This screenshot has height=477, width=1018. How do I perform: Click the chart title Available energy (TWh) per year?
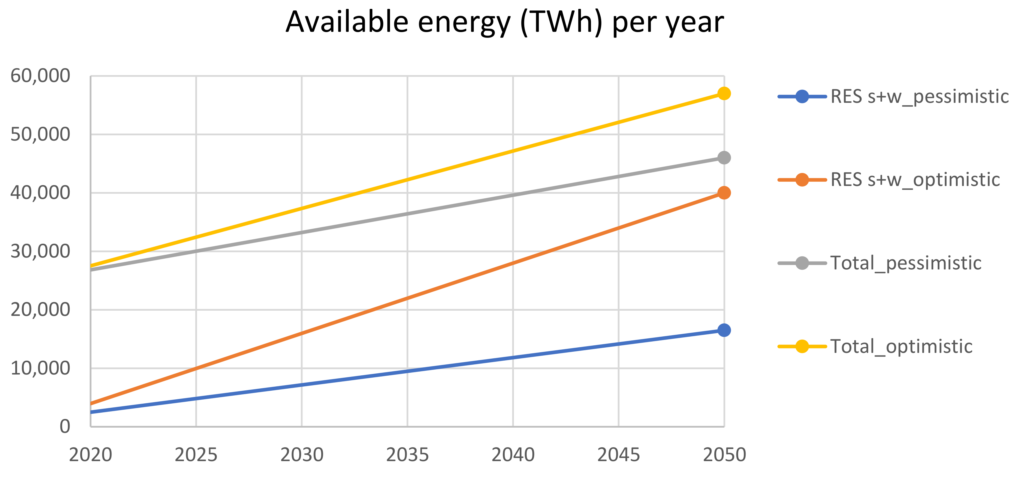click(505, 23)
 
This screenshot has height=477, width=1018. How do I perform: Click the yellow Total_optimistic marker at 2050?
click(724, 94)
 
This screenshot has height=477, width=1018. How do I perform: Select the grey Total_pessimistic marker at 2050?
click(724, 158)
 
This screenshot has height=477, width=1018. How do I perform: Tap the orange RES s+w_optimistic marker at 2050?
click(724, 193)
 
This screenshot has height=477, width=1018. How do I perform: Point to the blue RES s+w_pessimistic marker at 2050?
click(724, 330)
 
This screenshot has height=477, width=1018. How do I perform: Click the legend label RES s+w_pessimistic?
click(919, 97)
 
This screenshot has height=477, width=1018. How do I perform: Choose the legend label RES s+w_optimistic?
click(915, 180)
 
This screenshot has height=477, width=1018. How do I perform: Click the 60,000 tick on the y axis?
click(40, 76)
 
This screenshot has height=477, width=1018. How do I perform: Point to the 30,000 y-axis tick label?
click(40, 251)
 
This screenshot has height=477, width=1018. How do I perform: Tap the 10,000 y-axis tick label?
click(40, 368)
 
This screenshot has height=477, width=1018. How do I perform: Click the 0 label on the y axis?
click(65, 426)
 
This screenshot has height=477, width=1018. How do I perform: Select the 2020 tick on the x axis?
click(90, 455)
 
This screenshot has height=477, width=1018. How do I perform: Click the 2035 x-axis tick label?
click(407, 455)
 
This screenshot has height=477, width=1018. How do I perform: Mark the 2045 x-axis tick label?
click(618, 455)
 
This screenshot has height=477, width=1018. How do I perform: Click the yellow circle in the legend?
click(802, 346)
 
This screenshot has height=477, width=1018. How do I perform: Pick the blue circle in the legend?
click(802, 96)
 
